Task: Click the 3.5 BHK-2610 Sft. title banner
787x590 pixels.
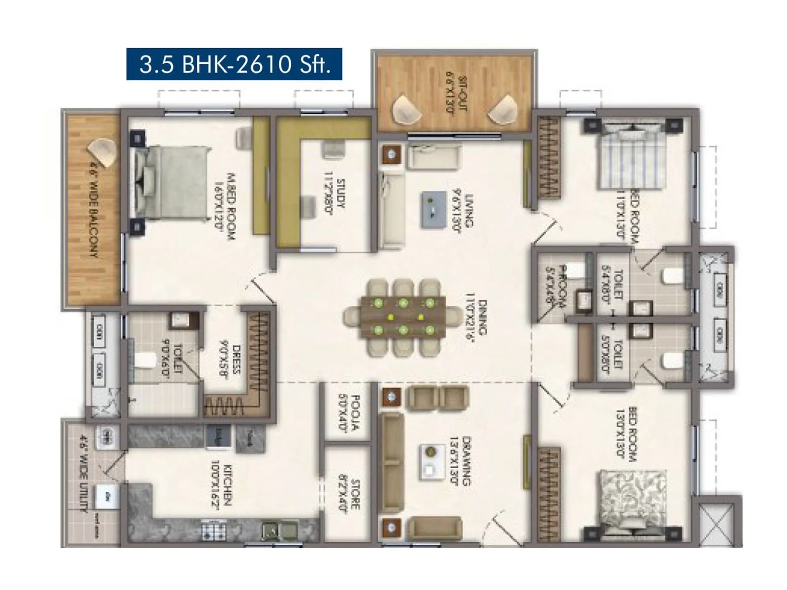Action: (234, 64)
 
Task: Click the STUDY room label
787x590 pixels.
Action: (334, 196)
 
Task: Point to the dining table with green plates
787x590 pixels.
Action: (403, 317)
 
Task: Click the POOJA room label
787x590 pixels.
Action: (349, 413)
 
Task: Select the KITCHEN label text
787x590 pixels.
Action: (221, 484)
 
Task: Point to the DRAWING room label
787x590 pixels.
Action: (460, 460)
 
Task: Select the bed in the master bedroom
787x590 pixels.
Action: (170, 182)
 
